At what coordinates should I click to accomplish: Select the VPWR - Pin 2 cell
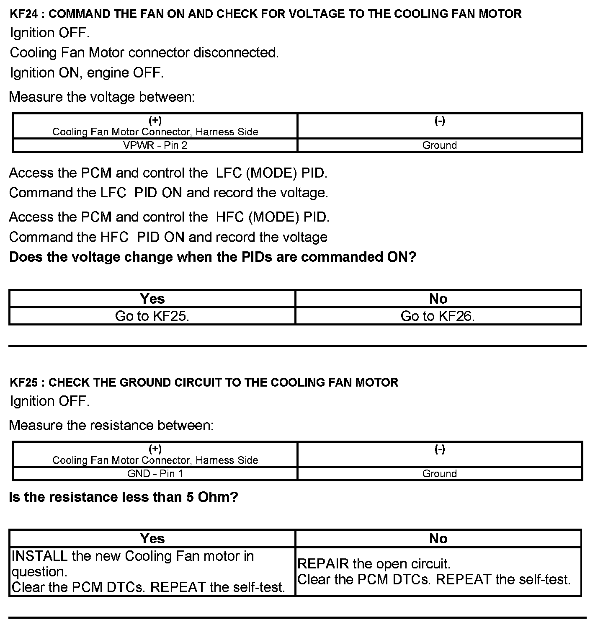(x=155, y=145)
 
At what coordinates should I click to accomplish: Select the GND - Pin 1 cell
(x=155, y=474)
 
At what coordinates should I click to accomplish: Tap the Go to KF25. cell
(x=152, y=316)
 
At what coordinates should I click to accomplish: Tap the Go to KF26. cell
(x=438, y=316)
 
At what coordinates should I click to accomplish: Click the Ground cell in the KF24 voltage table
(x=440, y=145)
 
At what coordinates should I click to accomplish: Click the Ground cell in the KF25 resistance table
(x=440, y=474)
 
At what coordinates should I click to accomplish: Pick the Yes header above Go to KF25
(x=152, y=299)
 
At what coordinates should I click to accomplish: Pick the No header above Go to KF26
(x=438, y=299)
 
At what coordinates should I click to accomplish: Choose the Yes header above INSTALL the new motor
(x=152, y=539)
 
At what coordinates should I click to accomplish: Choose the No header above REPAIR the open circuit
(x=438, y=539)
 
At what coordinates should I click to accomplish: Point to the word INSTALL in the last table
(x=39, y=556)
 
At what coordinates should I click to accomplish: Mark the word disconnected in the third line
(x=236, y=53)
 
